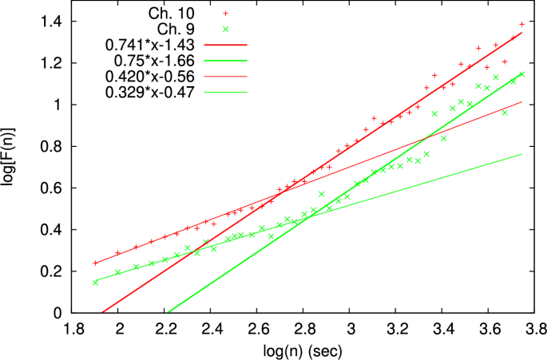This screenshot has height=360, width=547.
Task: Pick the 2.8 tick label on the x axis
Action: [304, 328]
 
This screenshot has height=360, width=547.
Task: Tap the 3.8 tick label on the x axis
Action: [536, 328]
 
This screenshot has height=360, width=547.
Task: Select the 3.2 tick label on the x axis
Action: [397, 328]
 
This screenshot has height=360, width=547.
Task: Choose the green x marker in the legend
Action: [225, 30]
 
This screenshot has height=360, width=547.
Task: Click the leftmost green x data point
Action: [95, 282]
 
